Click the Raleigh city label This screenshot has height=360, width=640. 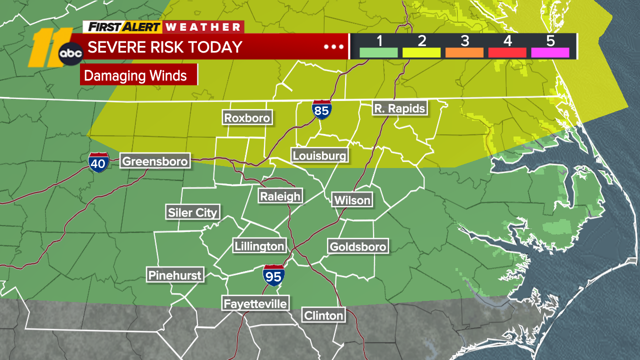coord(280,196)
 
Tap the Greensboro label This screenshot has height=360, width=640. coord(155,161)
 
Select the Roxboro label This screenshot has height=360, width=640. coord(247,118)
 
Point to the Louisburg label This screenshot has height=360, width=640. coord(319,155)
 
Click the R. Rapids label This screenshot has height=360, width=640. coord(399,108)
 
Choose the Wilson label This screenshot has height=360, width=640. coord(352,200)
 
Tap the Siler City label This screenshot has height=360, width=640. coord(192,212)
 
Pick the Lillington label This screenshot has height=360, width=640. coord(259,246)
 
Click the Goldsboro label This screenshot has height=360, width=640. coord(357,246)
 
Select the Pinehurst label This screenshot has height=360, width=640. coord(175,275)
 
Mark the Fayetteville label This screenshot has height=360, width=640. coord(255,303)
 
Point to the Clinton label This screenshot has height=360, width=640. coord(323,315)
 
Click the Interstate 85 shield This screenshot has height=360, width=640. coord(321,109)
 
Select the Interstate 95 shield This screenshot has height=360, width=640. coord(273,275)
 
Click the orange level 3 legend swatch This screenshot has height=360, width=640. coord(464,52)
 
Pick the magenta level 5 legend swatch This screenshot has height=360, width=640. coord(550,52)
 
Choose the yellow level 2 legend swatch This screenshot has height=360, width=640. coord(421,52)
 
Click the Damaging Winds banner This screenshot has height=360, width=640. coord(138,76)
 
